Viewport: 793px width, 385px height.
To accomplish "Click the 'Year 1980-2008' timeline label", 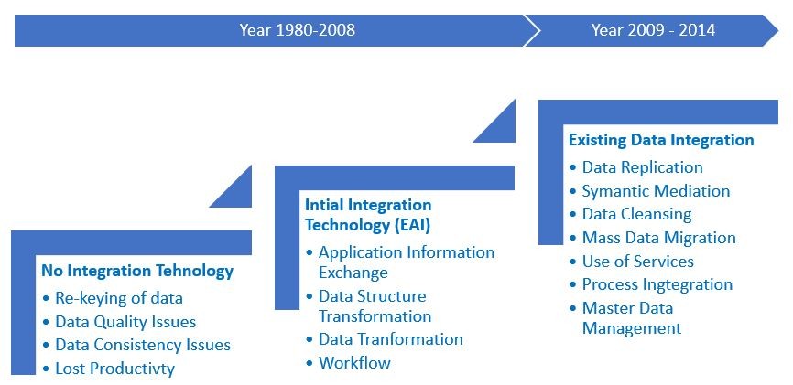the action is [x=298, y=30].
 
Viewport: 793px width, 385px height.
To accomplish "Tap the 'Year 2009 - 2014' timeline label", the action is [x=654, y=30].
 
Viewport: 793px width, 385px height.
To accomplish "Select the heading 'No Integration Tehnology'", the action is [x=137, y=272].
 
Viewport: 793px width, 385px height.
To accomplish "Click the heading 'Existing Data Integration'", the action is [x=661, y=140].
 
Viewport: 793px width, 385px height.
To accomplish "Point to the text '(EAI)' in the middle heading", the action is [x=412, y=225].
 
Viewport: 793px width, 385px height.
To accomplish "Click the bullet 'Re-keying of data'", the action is [x=119, y=298].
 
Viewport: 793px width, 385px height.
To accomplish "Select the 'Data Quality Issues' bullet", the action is [x=125, y=322].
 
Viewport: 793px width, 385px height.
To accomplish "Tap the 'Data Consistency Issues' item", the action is [x=143, y=345].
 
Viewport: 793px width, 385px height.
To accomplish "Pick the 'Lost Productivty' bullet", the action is [x=114, y=369].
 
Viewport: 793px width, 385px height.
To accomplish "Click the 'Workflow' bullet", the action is [x=354, y=363].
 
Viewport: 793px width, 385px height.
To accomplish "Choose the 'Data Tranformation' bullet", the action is [x=390, y=339].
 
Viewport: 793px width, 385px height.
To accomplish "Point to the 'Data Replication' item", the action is [x=642, y=167].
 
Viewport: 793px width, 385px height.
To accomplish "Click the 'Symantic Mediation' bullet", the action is [x=656, y=191].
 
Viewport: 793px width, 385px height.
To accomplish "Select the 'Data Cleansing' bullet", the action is [x=636, y=214].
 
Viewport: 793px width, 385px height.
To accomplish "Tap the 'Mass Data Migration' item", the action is [x=659, y=238].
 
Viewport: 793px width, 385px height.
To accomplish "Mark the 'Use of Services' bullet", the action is [x=637, y=262].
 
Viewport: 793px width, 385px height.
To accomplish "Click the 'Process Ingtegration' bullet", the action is [x=657, y=284].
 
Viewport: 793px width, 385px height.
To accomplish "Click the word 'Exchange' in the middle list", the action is [x=353, y=273].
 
